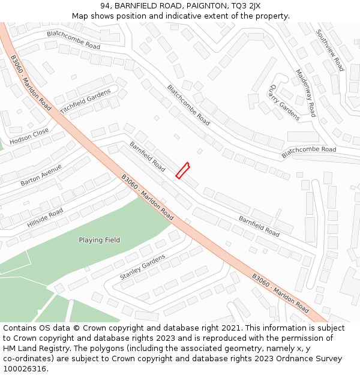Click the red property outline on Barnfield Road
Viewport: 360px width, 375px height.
point(182,170)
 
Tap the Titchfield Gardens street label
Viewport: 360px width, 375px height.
point(86,101)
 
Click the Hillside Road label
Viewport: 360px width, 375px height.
point(45,218)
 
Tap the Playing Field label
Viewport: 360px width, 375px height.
point(99,240)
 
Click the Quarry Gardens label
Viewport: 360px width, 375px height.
point(284,102)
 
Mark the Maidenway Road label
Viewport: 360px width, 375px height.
point(305,93)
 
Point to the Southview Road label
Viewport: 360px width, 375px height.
point(330,50)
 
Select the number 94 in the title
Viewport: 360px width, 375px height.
point(104,6)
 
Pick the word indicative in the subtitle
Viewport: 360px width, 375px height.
point(188,16)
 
